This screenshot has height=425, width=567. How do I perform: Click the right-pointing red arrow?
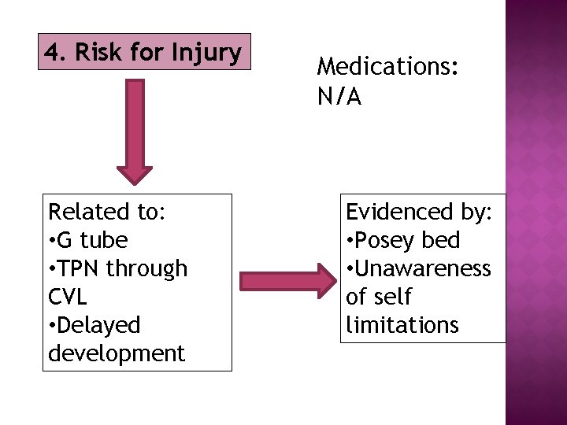click(x=287, y=282)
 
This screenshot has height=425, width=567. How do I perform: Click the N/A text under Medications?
click(x=339, y=97)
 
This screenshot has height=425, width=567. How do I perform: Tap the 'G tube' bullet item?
click(x=94, y=240)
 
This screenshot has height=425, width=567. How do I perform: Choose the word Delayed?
click(x=100, y=325)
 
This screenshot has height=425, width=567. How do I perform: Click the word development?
click(x=117, y=353)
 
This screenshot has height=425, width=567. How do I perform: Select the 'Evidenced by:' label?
click(x=419, y=212)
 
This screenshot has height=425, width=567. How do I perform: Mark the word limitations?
click(x=402, y=325)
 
